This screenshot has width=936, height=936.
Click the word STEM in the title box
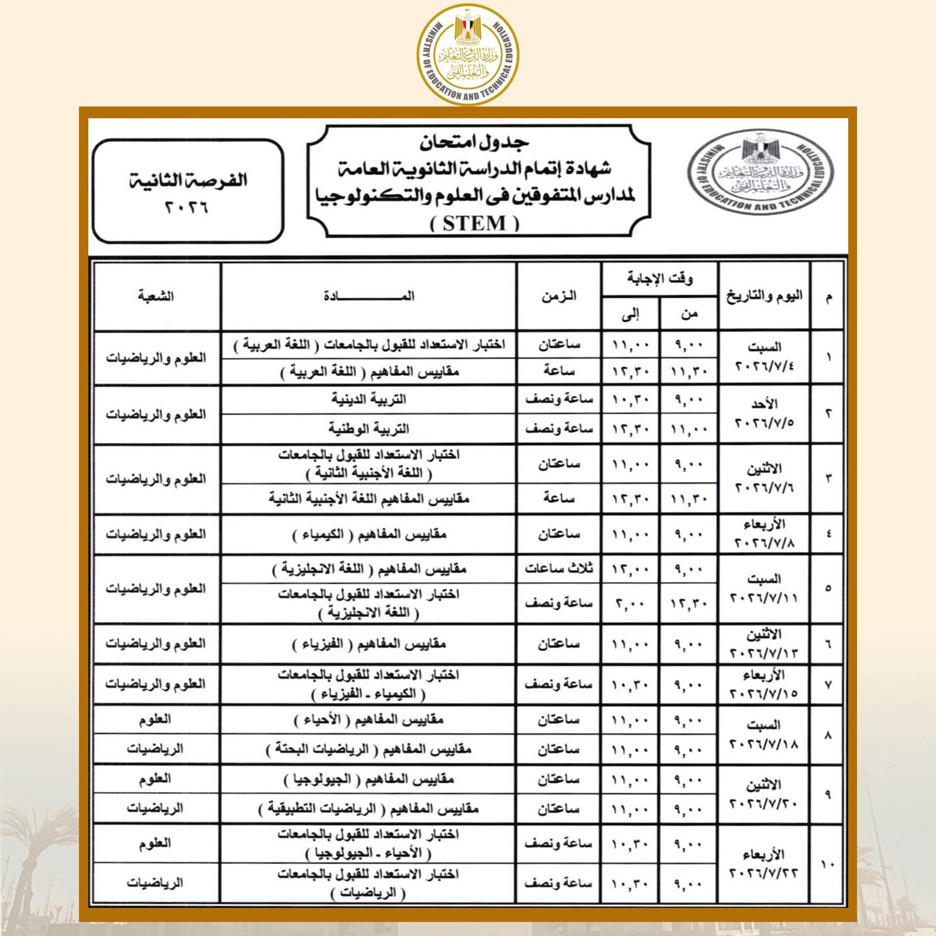pyautogui.click(x=474, y=223)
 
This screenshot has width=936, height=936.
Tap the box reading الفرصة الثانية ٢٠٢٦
pyautogui.click(x=188, y=191)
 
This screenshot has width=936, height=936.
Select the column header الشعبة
pyautogui.click(x=156, y=297)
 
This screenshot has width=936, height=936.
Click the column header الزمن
pyautogui.click(x=558, y=297)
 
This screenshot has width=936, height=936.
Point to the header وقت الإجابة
pyautogui.click(x=659, y=280)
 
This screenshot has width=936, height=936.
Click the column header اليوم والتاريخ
pyautogui.click(x=764, y=297)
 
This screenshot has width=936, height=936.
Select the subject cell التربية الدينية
pyautogui.click(x=369, y=400)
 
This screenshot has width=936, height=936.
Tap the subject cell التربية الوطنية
pyautogui.click(x=369, y=429)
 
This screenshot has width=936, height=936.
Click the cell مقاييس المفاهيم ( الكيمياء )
pyautogui.click(x=369, y=535)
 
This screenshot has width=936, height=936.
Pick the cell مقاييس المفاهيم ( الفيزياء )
pyautogui.click(x=369, y=644)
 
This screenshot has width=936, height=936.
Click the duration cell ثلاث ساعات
pyautogui.click(x=558, y=569)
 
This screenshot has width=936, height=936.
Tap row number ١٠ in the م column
pyautogui.click(x=827, y=864)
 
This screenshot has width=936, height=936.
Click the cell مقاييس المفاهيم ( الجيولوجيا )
pyautogui.click(x=369, y=779)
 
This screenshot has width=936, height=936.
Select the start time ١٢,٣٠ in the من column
pyautogui.click(x=689, y=603)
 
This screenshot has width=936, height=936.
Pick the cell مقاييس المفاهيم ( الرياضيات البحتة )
pyautogui.click(x=369, y=749)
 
